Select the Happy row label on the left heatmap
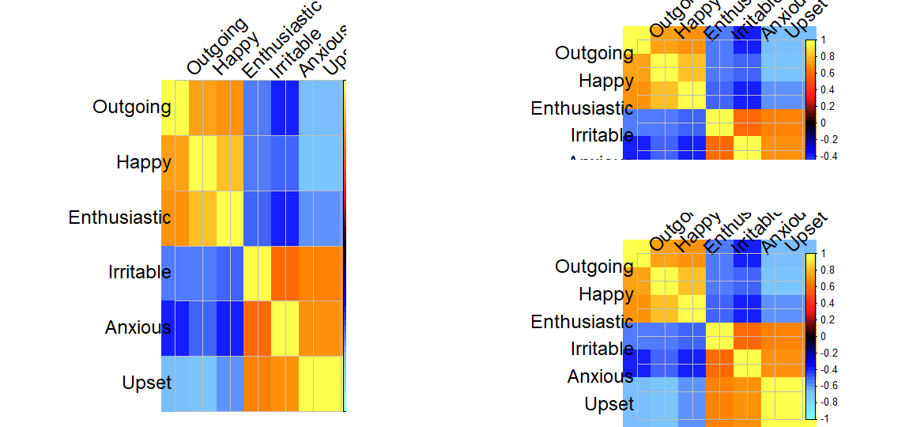[144, 162]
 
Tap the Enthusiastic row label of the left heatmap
[120, 217]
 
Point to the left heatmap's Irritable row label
[140, 272]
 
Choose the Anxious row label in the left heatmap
[138, 327]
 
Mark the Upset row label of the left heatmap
[147, 383]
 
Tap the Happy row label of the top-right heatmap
[606, 80]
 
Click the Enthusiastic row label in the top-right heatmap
[582, 108]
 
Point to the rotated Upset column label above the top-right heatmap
[808, 16]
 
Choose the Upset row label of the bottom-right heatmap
[609, 404]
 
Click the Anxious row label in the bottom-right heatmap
[600, 376]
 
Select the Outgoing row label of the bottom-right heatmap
[594, 266]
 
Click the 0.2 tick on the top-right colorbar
[824, 106]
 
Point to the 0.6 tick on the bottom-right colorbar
[824, 286]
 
